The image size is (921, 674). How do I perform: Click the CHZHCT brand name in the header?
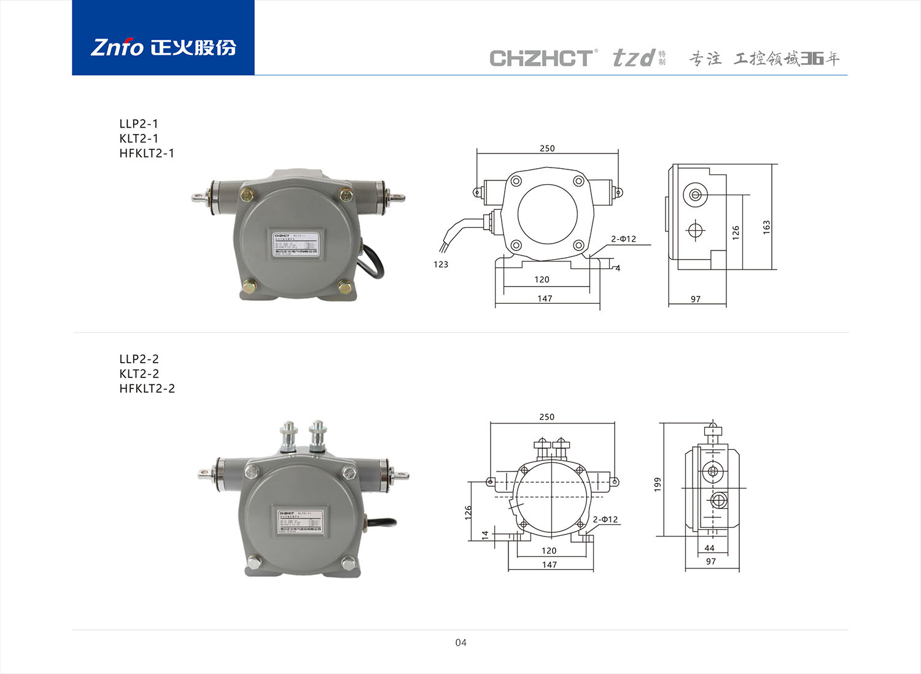point(542,58)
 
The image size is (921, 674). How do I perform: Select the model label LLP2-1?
point(139,124)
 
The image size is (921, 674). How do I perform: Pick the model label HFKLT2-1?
point(147,153)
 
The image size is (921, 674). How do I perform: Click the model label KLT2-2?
point(139,374)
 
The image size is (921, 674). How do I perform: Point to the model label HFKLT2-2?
point(147,389)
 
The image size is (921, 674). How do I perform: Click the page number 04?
point(460,643)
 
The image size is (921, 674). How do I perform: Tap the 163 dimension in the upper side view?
point(766,227)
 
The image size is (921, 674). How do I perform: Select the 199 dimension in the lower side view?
point(658,484)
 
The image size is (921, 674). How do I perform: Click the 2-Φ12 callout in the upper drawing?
point(623,239)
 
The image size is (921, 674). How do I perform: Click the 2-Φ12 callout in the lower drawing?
point(605,519)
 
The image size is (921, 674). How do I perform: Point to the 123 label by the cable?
point(441,265)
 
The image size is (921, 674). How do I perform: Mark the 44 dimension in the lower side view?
point(710,548)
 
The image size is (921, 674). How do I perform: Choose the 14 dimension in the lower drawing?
point(485,535)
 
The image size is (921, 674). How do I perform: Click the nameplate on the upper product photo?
point(295,244)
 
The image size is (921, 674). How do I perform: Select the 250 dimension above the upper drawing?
point(547,149)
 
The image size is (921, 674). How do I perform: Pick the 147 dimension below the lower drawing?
point(550,565)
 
